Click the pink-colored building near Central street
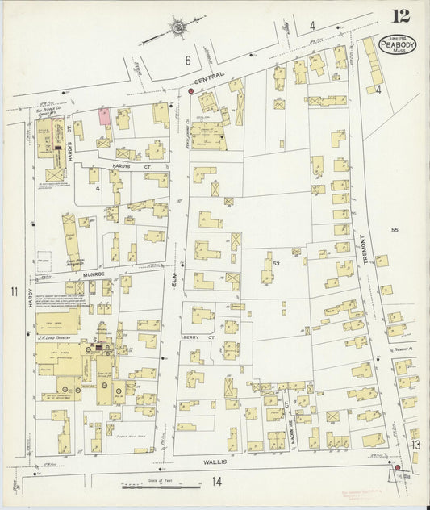tap(105, 115)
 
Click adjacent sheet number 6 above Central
tap(186, 60)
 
